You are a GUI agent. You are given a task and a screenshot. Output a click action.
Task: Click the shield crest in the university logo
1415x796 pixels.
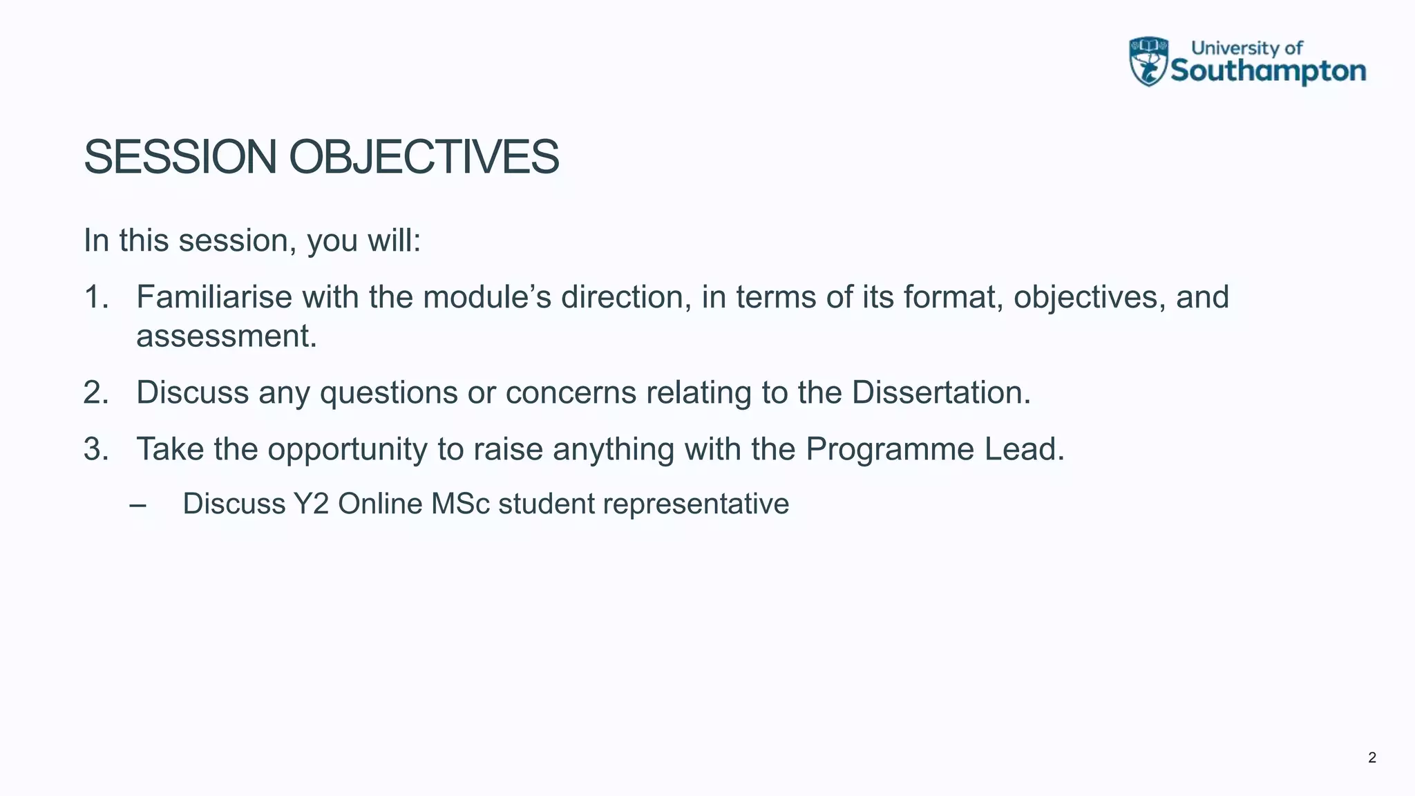click(x=1148, y=61)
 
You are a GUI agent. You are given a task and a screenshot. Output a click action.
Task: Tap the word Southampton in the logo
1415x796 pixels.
click(x=1269, y=71)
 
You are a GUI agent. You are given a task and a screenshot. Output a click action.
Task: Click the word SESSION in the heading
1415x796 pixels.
click(x=180, y=158)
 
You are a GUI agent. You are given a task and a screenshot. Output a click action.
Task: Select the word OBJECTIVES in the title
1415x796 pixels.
click(x=424, y=158)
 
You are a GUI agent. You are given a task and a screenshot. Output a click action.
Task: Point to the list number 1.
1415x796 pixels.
click(x=95, y=297)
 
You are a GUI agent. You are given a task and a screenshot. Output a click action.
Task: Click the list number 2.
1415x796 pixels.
click(x=95, y=392)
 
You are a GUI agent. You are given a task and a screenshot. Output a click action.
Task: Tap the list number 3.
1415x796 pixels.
click(x=95, y=449)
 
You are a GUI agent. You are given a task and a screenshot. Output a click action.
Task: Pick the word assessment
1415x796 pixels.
click(x=226, y=337)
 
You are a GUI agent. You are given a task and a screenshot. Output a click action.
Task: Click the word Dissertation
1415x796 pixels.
click(x=940, y=392)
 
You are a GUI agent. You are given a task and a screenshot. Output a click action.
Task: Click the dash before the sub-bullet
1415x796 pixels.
click(x=137, y=504)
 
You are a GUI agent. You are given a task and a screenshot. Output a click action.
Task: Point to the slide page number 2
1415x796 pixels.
click(x=1371, y=758)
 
